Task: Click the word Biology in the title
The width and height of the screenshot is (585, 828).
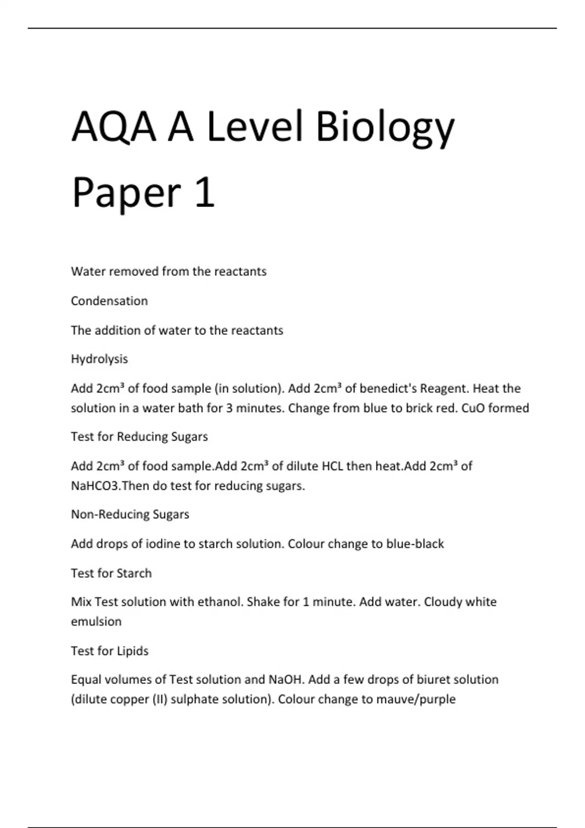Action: point(385,128)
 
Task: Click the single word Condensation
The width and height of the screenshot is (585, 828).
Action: point(109,301)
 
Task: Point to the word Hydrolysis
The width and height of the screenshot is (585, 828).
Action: point(99,359)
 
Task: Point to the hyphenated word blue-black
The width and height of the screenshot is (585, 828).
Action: point(415,544)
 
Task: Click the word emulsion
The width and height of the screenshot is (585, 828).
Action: point(96,621)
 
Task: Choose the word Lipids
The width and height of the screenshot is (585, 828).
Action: point(133,651)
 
